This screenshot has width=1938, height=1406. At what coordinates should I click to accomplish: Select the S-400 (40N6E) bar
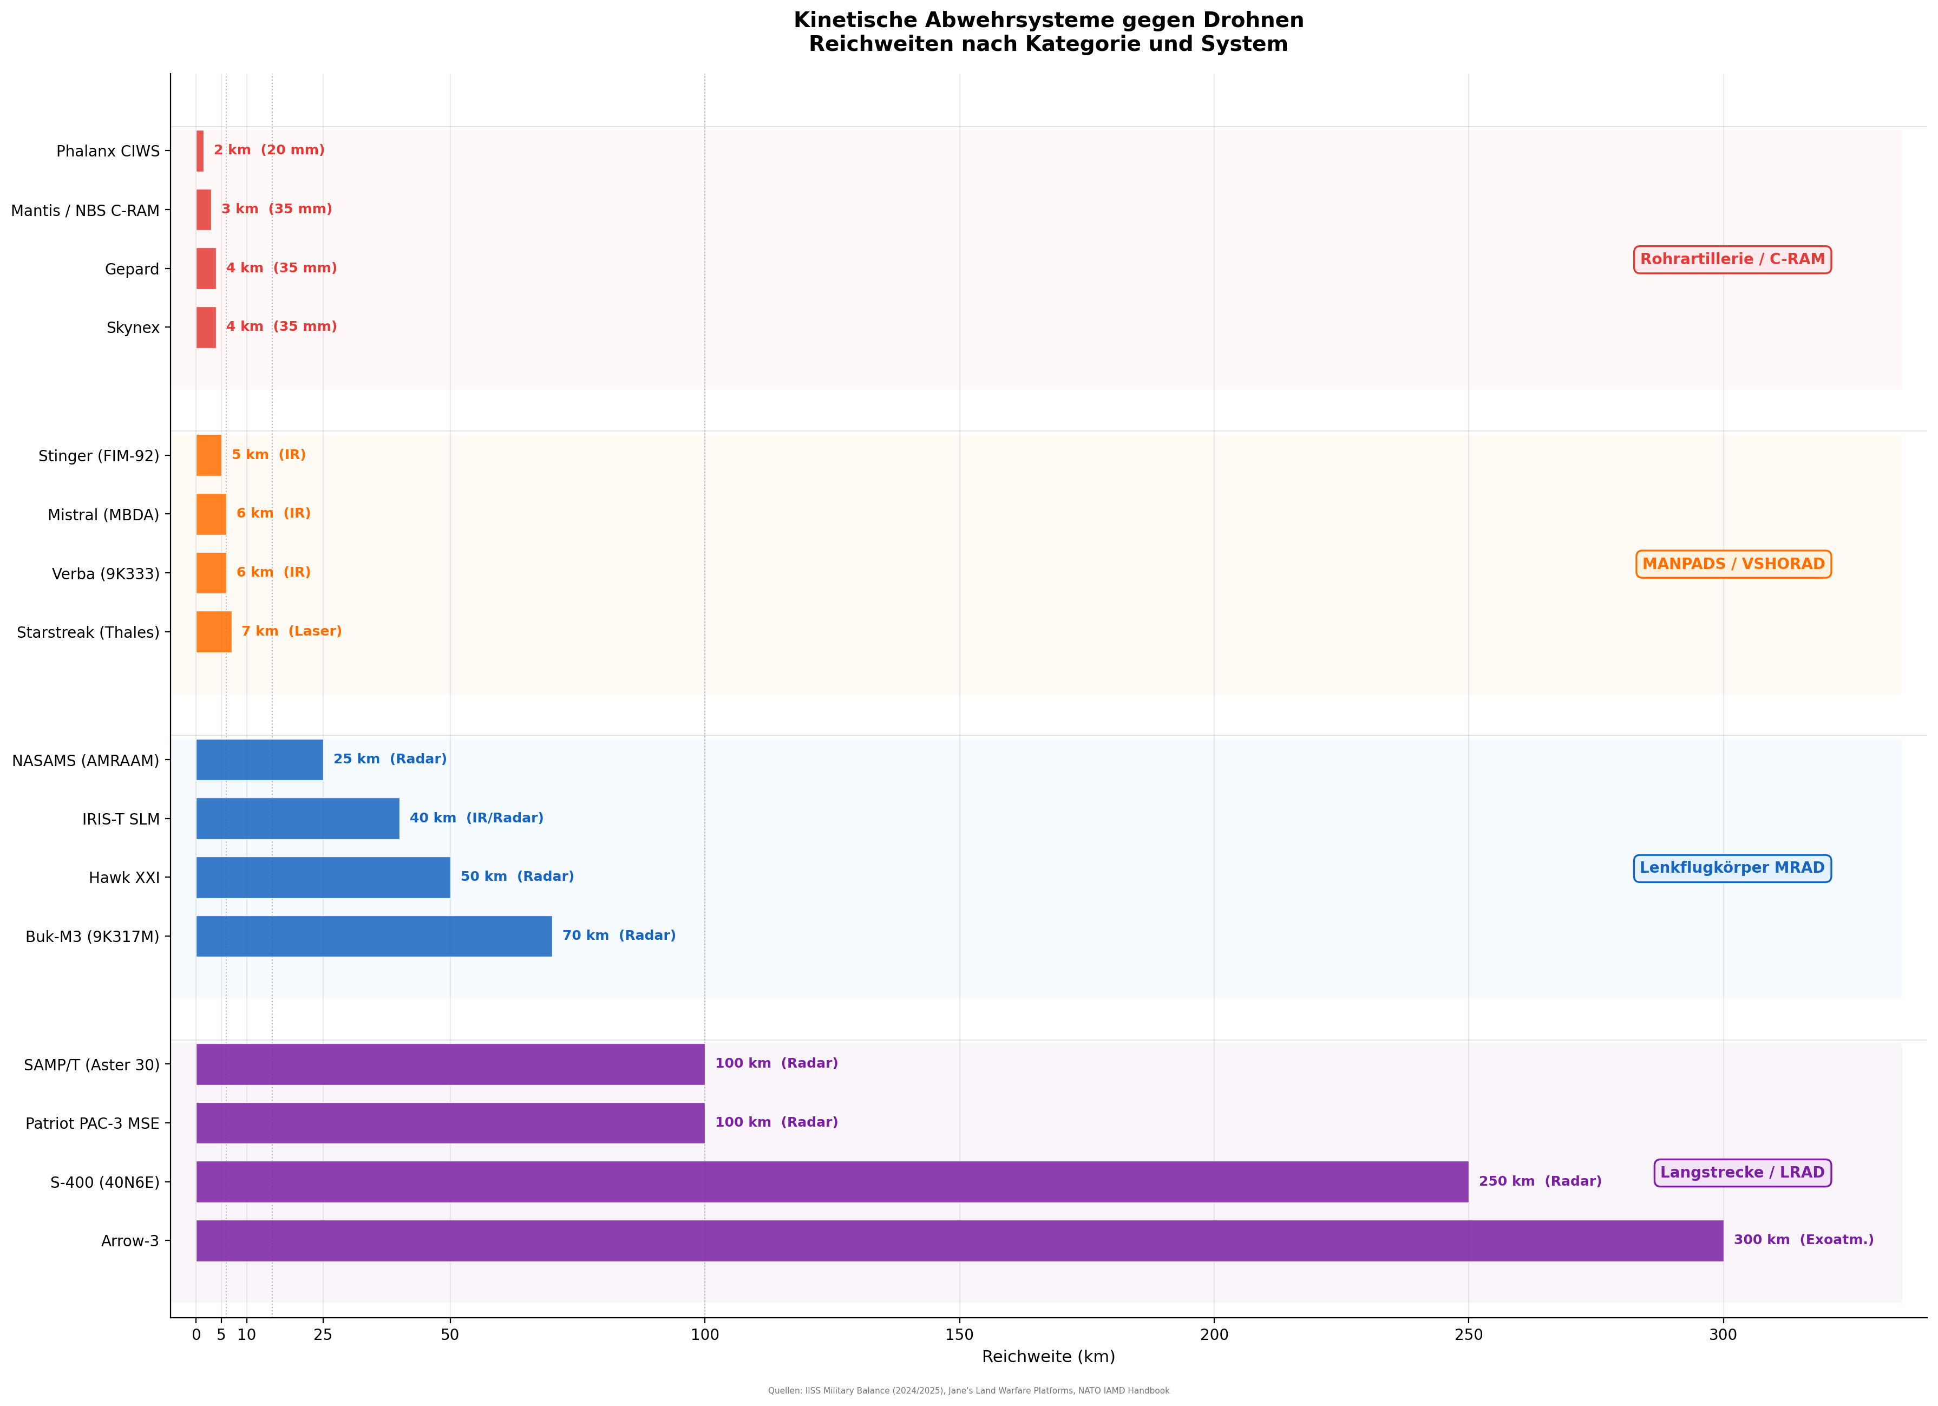[831, 1181]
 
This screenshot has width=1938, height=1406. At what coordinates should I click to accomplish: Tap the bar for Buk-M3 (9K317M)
[374, 936]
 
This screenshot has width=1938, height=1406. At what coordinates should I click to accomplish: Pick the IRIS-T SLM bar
[297, 818]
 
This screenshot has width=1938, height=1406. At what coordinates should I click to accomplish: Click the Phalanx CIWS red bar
[200, 151]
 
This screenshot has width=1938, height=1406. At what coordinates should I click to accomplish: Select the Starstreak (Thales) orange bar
[214, 632]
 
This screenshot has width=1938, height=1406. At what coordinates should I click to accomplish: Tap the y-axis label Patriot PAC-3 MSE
[92, 1123]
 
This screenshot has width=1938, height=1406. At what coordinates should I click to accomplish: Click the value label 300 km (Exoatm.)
[1803, 1239]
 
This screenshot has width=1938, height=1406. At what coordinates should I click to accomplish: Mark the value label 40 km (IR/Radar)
[476, 818]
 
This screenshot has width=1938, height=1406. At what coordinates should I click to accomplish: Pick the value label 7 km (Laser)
[291, 631]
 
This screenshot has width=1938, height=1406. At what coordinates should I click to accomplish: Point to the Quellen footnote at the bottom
[968, 1391]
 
